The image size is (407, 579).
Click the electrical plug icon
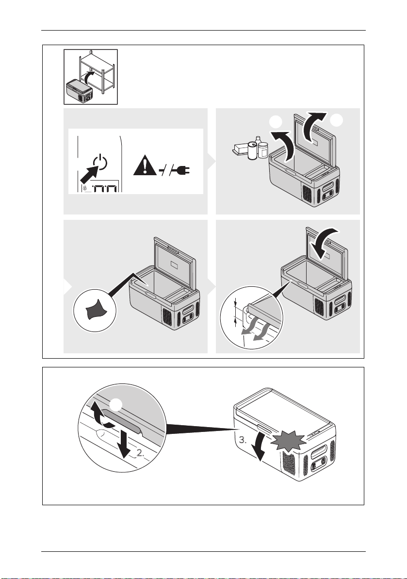tap(180, 170)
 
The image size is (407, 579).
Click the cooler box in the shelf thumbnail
tap(79, 91)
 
